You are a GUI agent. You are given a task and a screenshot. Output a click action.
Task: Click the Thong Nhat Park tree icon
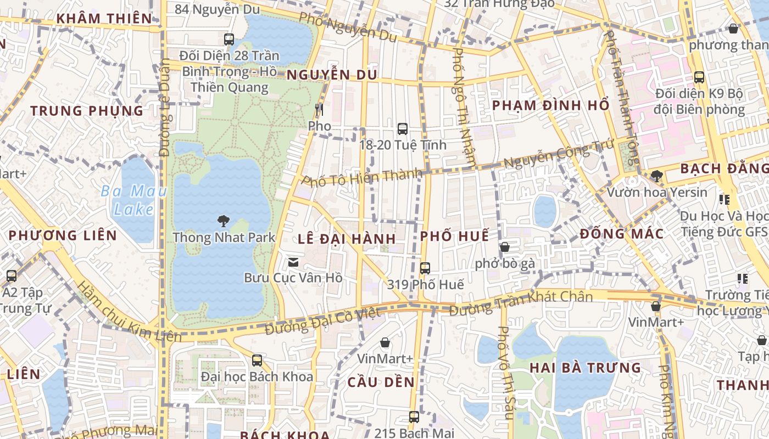[x=223, y=221]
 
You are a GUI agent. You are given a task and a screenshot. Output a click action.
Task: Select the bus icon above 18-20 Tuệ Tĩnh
[x=403, y=129]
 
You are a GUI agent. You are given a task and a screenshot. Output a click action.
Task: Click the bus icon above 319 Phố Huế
[x=425, y=268]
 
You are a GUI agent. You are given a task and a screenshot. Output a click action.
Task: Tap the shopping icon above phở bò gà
[x=505, y=247]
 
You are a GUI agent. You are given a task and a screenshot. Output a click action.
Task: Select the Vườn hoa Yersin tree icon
[x=656, y=176]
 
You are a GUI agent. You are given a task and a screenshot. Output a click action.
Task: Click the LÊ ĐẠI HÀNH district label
[x=347, y=239]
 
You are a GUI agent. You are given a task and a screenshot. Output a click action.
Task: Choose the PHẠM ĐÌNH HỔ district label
[x=551, y=105]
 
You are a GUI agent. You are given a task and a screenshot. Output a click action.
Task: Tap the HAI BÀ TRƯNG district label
[x=585, y=368]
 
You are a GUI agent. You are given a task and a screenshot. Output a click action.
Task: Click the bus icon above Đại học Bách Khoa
[x=257, y=361]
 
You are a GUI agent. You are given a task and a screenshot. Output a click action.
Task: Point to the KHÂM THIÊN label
[x=104, y=19]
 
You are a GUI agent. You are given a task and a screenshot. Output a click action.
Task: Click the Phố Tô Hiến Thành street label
[x=363, y=178]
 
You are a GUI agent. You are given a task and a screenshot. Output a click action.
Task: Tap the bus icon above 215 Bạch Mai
[x=414, y=417]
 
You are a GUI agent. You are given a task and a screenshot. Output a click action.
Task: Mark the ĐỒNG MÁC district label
[x=622, y=234]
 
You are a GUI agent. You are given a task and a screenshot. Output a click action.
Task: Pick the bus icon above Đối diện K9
[x=699, y=77]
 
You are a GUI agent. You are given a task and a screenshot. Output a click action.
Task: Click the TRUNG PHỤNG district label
[x=87, y=111]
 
